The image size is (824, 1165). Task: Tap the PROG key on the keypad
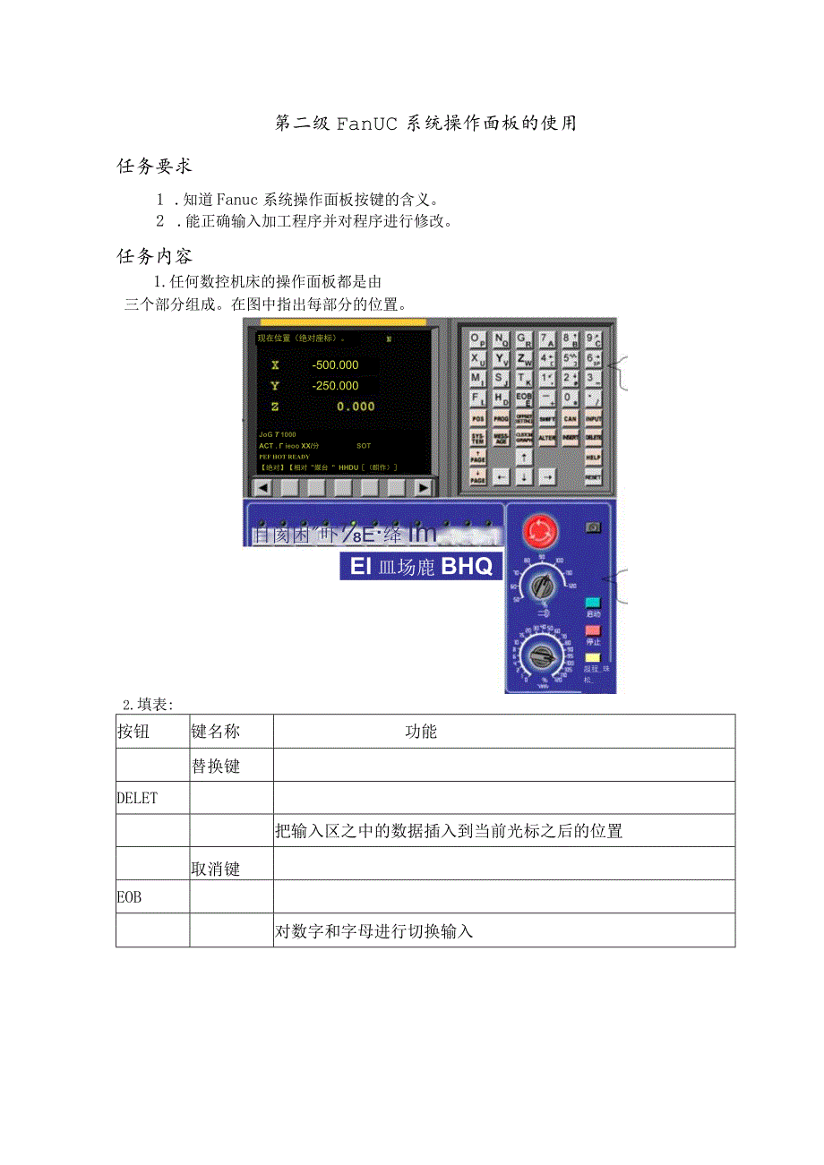pyautogui.click(x=502, y=418)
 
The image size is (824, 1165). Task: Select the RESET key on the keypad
pyautogui.click(x=592, y=477)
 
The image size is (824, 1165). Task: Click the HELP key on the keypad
pyautogui.click(x=592, y=456)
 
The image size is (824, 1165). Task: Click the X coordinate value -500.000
pyautogui.click(x=335, y=364)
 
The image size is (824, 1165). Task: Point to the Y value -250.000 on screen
pyautogui.click(x=335, y=386)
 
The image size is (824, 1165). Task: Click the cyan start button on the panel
pyautogui.click(x=592, y=603)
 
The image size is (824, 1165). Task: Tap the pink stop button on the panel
pyautogui.click(x=592, y=630)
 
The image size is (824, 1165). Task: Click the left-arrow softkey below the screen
pyautogui.click(x=262, y=487)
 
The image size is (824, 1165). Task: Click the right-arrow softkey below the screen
pyautogui.click(x=423, y=487)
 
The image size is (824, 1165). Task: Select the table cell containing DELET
pyautogui.click(x=152, y=798)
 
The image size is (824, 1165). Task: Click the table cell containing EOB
pyautogui.click(x=152, y=896)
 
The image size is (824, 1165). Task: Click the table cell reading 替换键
pyautogui.click(x=231, y=766)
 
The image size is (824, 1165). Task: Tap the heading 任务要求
pyautogui.click(x=155, y=166)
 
